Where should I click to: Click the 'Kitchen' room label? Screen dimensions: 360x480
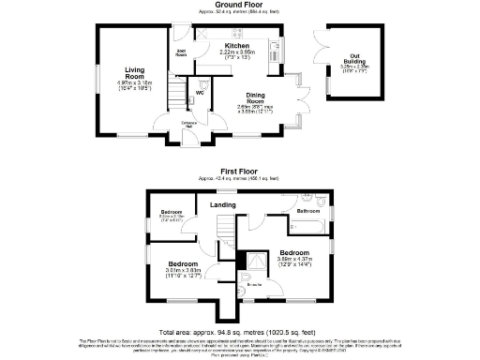pos(236,46)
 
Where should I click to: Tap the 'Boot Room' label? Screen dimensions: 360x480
pos(182,53)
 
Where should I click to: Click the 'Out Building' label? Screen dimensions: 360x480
pos(350,57)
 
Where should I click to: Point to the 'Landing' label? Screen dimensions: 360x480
pos(222,203)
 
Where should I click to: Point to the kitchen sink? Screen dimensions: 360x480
pos(275,48)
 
